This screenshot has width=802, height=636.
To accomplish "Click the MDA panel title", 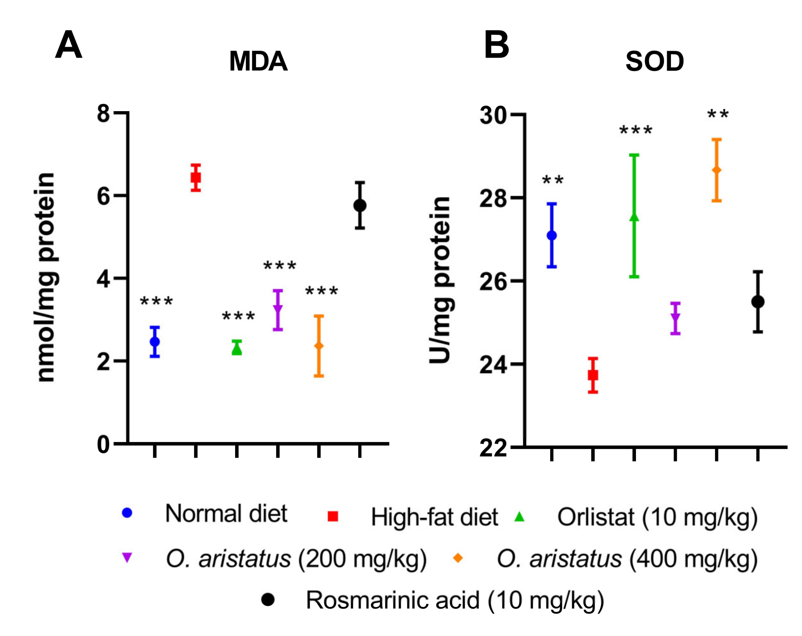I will tap(258, 61).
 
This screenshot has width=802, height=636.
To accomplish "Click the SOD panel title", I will tap(654, 61).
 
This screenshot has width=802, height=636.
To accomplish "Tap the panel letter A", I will tap(68, 45).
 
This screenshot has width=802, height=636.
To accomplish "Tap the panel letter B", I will tap(496, 45).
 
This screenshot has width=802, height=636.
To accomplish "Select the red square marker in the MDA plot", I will tap(196, 178).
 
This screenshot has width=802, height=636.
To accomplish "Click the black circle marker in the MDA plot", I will tap(360, 205).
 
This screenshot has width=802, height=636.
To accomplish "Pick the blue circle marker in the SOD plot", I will tap(552, 235).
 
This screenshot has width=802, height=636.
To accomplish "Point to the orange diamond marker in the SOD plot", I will tap(717, 170).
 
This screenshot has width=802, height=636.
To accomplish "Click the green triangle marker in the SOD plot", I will tap(634, 217).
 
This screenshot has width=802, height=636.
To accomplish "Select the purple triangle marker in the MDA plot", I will tap(278, 309).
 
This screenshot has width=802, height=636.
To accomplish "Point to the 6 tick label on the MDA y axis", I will tap(103, 196).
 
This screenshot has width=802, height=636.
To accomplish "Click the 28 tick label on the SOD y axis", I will tap(493, 199).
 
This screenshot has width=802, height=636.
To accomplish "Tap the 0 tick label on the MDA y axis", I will tap(103, 445).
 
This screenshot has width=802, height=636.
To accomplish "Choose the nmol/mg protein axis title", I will tap(47, 277).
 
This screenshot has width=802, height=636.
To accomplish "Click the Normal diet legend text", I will tap(226, 514).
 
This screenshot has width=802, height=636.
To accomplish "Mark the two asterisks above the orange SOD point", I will tap(718, 114).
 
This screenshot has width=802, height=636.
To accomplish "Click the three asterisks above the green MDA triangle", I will tap(238, 316).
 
